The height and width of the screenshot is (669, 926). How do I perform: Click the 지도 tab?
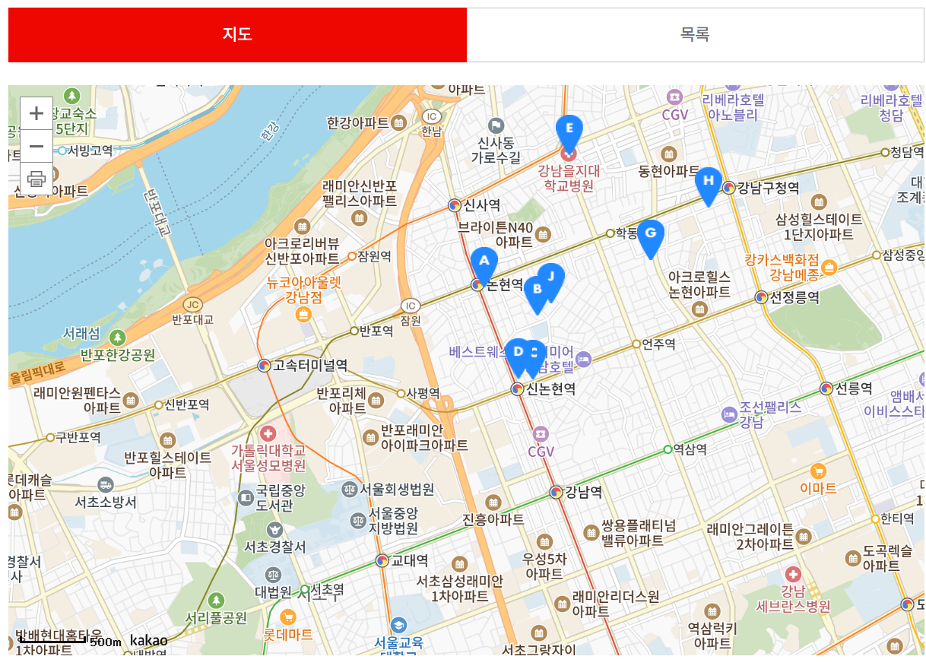[x=237, y=35]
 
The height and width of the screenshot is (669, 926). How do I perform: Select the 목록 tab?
[x=695, y=35]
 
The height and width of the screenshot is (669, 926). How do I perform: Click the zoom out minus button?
[x=36, y=146]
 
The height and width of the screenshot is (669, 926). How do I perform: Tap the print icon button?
[x=36, y=179]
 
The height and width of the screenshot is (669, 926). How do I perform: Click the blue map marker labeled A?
[x=484, y=263]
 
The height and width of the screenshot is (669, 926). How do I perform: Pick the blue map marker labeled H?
[x=708, y=182]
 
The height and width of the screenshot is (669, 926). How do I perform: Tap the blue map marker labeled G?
[x=650, y=235]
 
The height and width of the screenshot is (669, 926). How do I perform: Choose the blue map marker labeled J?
[x=552, y=278]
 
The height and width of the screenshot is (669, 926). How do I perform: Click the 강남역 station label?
[x=583, y=492]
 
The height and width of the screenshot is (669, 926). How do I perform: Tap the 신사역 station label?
[x=482, y=205]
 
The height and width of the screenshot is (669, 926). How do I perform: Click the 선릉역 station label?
[x=853, y=388]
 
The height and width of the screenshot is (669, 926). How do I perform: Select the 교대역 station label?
[x=409, y=561]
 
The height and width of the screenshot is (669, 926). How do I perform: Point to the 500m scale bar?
[x=53, y=641]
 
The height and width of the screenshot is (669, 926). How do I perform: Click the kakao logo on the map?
[x=148, y=640]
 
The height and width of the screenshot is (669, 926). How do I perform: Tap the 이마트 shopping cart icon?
[x=818, y=471]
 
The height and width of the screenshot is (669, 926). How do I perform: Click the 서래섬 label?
[x=81, y=334]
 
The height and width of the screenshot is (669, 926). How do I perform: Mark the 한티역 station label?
[x=897, y=519]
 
